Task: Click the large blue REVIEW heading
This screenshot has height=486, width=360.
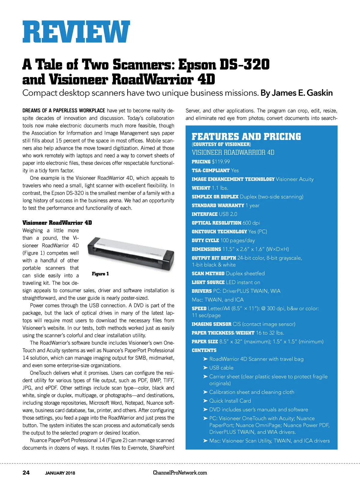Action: [76, 32]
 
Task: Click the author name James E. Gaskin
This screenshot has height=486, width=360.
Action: [302, 93]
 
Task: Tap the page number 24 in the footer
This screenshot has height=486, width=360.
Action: [26, 473]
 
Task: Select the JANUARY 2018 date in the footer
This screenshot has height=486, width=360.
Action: [60, 473]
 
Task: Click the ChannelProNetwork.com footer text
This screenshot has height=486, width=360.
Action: [180, 473]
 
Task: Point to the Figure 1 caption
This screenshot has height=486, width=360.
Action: [100, 274]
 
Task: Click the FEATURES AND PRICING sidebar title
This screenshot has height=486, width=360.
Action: [246, 137]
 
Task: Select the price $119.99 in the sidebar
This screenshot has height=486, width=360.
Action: [221, 162]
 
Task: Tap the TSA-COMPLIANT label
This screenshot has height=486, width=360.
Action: [211, 170]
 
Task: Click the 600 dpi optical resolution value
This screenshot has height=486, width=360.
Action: [251, 223]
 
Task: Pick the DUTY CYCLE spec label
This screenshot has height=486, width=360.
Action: [205, 240]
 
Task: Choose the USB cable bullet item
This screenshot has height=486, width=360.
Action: [221, 368]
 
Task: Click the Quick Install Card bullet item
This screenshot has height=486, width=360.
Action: [230, 401]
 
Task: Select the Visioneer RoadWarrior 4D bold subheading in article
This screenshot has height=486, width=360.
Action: [57, 223]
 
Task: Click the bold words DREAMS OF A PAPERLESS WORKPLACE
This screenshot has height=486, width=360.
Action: [64, 111]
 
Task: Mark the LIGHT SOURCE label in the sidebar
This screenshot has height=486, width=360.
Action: [208, 282]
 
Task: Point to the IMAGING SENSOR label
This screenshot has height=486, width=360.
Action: [211, 324]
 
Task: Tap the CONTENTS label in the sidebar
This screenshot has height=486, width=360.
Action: [204, 350]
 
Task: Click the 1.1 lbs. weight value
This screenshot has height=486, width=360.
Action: [220, 188]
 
